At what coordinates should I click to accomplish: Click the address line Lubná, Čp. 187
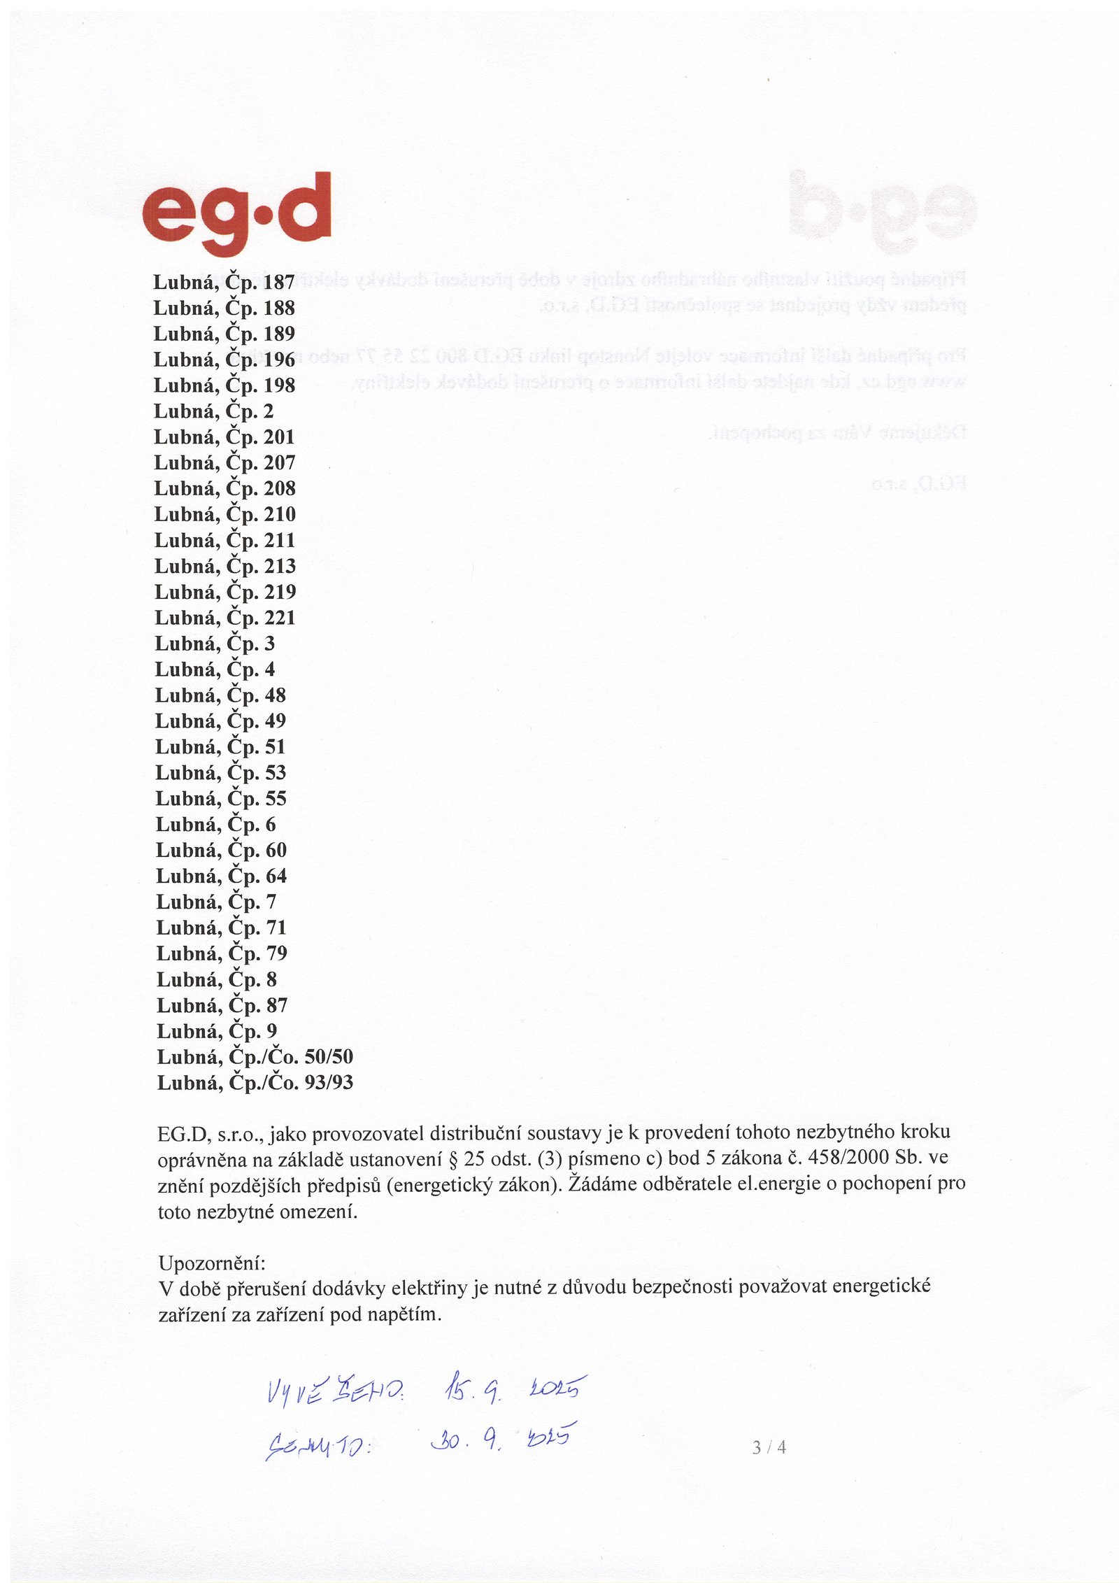[x=224, y=283]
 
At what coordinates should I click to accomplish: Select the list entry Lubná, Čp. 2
[x=213, y=411]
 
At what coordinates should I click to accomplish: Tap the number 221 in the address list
[x=280, y=618]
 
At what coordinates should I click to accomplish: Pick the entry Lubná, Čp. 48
[x=220, y=695]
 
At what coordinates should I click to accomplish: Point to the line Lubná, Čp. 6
[x=215, y=825]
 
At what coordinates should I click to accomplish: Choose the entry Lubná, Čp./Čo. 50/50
[x=255, y=1057]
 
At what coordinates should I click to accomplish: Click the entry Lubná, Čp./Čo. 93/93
[x=255, y=1083]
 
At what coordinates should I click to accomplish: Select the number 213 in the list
[x=280, y=566]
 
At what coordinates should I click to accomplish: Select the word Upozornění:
[x=212, y=1263]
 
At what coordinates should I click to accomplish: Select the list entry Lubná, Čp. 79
[x=222, y=953]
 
